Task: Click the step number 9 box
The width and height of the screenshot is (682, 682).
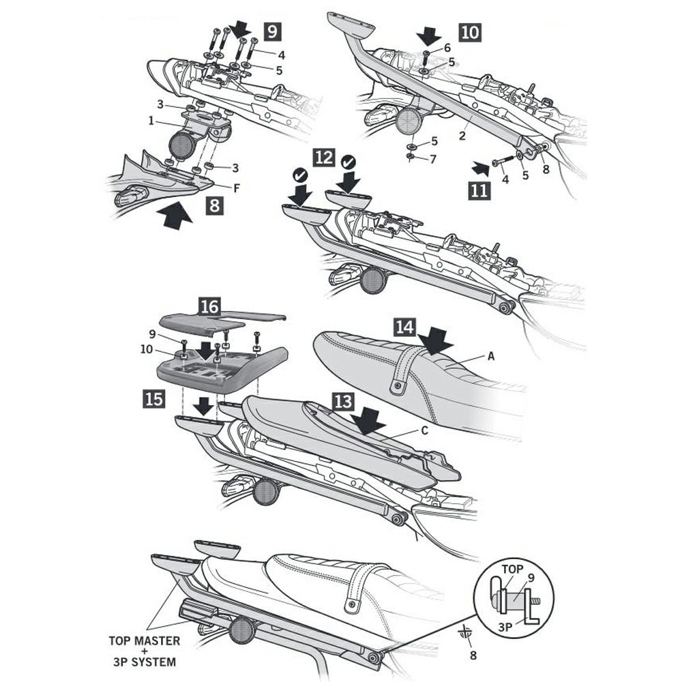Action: (272, 31)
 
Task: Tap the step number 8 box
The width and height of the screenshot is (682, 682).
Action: (214, 205)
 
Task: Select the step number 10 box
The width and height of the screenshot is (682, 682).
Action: (470, 32)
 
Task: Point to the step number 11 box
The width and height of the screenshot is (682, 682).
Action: (479, 190)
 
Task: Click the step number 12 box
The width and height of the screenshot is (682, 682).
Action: (323, 158)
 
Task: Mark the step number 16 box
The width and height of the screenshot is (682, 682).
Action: (209, 306)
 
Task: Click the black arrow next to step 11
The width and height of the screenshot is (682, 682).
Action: (480, 166)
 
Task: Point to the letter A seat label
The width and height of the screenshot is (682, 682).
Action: (490, 355)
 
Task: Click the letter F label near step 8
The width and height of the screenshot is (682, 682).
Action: (236, 186)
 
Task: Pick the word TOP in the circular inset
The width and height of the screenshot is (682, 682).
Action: (513, 568)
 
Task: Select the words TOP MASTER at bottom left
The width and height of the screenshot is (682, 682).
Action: (145, 641)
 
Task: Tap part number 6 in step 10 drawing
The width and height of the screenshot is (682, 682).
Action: (447, 48)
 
